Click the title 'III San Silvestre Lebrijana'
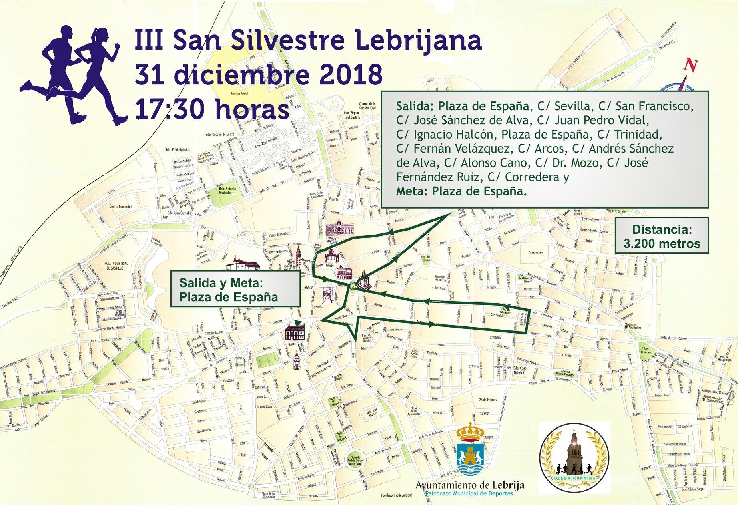coord(308,40)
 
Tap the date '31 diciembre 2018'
coord(258,74)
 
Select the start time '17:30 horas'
coord(212,109)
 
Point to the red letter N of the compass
coord(691,65)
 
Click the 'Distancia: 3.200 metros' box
coord(662,236)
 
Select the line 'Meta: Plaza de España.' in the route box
coord(461,191)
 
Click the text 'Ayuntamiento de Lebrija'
coord(470,485)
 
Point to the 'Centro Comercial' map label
coord(120,207)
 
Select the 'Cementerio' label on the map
coord(536,253)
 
